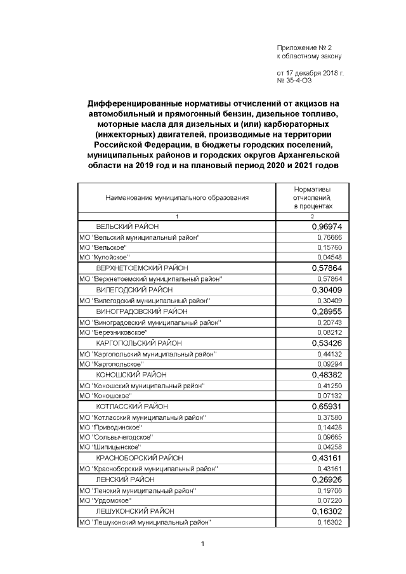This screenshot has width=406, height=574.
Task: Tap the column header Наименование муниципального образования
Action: tap(177, 198)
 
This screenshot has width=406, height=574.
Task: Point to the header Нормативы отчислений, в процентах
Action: tap(312, 198)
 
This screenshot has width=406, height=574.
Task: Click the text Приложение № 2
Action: tap(304, 48)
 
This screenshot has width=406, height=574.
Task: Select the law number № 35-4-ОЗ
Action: tap(299, 81)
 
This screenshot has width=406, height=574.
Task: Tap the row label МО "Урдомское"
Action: tap(108, 500)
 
